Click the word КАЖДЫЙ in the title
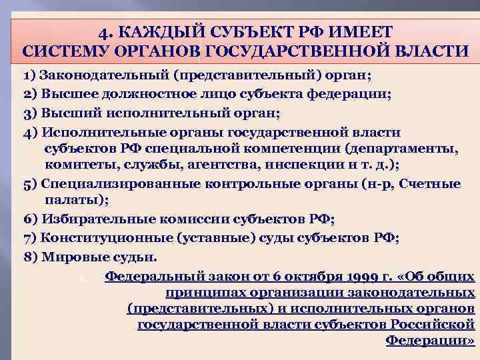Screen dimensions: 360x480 click(151, 32)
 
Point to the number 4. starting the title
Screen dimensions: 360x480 click(105, 32)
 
